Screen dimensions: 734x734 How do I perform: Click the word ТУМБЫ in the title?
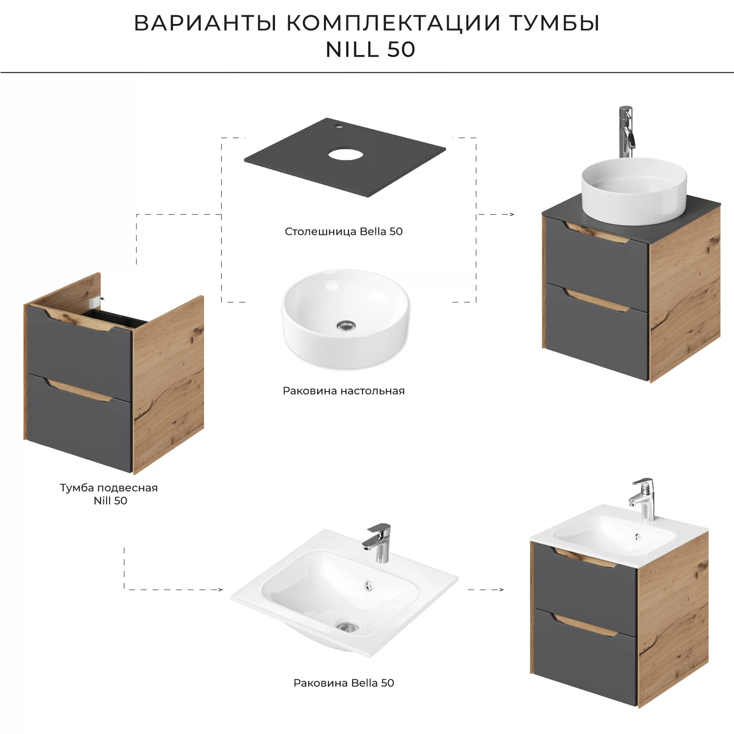coord(554,23)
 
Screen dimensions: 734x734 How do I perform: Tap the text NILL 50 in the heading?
coord(370,49)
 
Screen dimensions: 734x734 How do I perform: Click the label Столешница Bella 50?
coord(344,231)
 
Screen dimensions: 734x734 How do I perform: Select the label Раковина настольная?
coord(344,390)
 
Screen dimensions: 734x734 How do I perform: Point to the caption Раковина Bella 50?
coord(344,683)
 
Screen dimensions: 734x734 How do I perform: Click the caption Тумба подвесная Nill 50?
coord(109,494)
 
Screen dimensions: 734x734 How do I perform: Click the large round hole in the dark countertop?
coord(345,155)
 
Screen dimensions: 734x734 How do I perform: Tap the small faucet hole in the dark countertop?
coord(338,126)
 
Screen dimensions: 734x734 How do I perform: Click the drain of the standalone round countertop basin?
coord(346,325)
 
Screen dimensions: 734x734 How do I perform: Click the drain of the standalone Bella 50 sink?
coord(347,626)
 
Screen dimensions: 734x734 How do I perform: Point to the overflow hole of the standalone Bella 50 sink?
coord(368,585)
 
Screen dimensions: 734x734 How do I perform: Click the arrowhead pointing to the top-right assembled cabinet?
coord(511,214)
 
